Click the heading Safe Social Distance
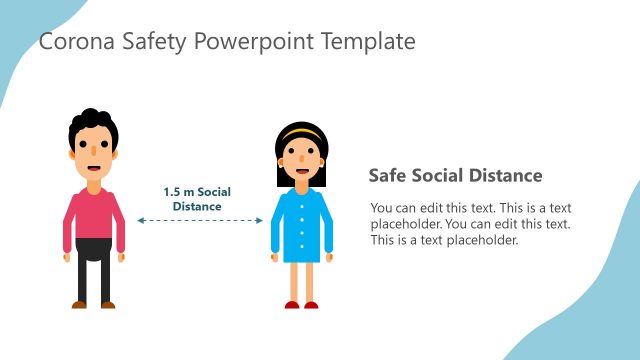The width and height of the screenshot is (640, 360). (455, 176)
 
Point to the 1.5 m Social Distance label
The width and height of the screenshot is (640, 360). (197, 198)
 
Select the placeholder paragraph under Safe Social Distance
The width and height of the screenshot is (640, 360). (470, 224)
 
